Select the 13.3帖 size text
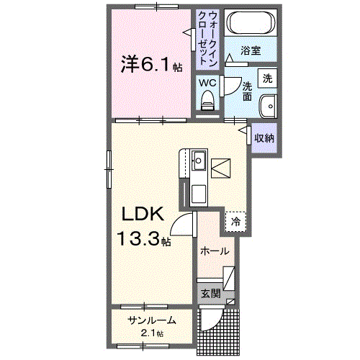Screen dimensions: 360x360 click(145, 239)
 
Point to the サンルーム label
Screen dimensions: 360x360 click(150, 320)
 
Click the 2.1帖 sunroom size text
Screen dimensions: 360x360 click(151, 333)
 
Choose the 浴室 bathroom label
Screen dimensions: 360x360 click(250, 52)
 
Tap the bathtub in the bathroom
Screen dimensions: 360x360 click(249, 24)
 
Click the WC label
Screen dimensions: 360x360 click(207, 83)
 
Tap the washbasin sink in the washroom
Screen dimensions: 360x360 click(269, 104)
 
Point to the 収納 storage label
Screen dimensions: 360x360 click(264, 137)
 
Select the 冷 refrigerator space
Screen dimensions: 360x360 click(235, 222)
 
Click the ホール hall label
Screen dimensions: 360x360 click(215, 252)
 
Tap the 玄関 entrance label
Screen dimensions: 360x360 click(210, 294)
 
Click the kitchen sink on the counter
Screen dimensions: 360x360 click(199, 159)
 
